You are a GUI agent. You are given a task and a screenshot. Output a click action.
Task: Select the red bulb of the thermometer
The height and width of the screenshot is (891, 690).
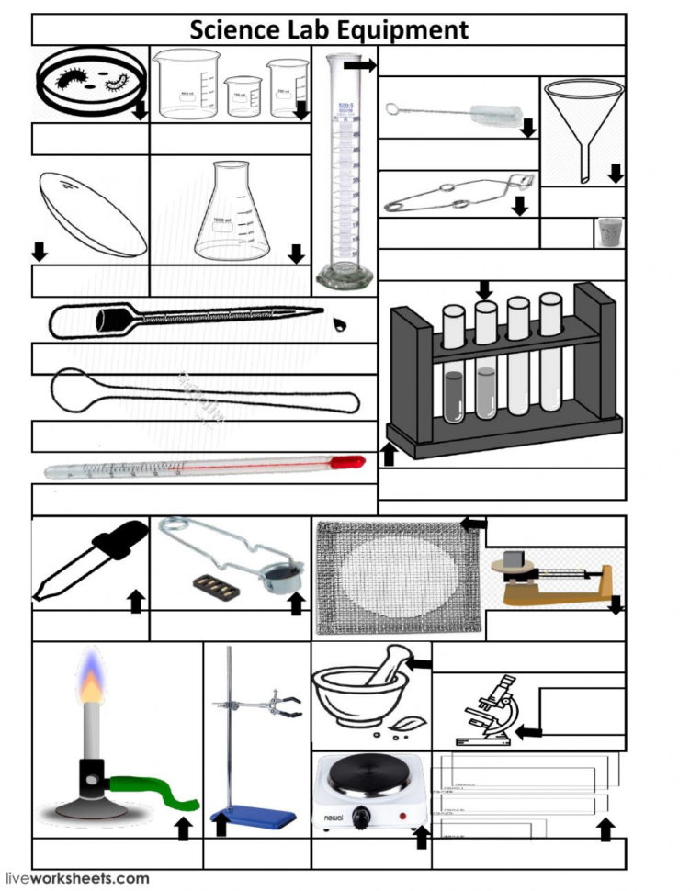(346, 464)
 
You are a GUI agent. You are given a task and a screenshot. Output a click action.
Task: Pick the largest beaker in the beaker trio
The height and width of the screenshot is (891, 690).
(188, 85)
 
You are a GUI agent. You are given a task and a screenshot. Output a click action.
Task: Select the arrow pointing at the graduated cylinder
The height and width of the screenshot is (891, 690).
(366, 65)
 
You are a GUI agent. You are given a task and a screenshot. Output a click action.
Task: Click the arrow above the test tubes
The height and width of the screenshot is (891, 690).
(484, 290)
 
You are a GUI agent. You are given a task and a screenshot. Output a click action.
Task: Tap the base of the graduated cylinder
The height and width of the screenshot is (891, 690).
(345, 275)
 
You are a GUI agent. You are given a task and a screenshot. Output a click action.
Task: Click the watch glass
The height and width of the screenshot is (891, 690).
(93, 214)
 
